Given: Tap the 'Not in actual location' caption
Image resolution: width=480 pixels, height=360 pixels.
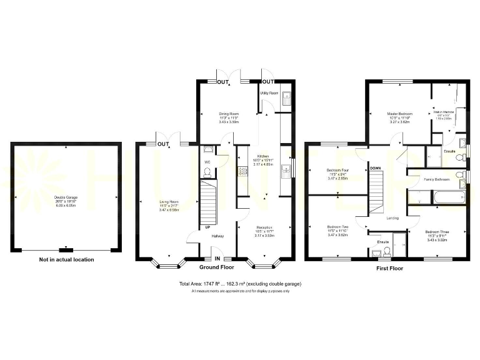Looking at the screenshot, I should click(x=66, y=259).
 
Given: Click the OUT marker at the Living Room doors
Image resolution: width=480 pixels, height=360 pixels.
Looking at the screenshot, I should click(x=164, y=144).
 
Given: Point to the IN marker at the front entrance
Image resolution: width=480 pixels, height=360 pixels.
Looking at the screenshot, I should click(x=217, y=258).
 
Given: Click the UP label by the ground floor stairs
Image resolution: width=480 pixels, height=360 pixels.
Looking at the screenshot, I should click(x=207, y=227).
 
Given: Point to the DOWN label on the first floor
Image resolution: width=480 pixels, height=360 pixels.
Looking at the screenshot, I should click(x=375, y=168).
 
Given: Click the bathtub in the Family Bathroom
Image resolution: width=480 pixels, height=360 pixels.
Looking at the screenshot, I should click(x=437, y=200).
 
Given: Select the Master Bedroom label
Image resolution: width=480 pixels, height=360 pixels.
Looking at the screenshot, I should click(x=400, y=114).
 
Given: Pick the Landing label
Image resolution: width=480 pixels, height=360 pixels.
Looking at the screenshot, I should click(x=392, y=218).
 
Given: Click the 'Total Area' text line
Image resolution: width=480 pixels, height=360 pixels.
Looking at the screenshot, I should click(x=240, y=284).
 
